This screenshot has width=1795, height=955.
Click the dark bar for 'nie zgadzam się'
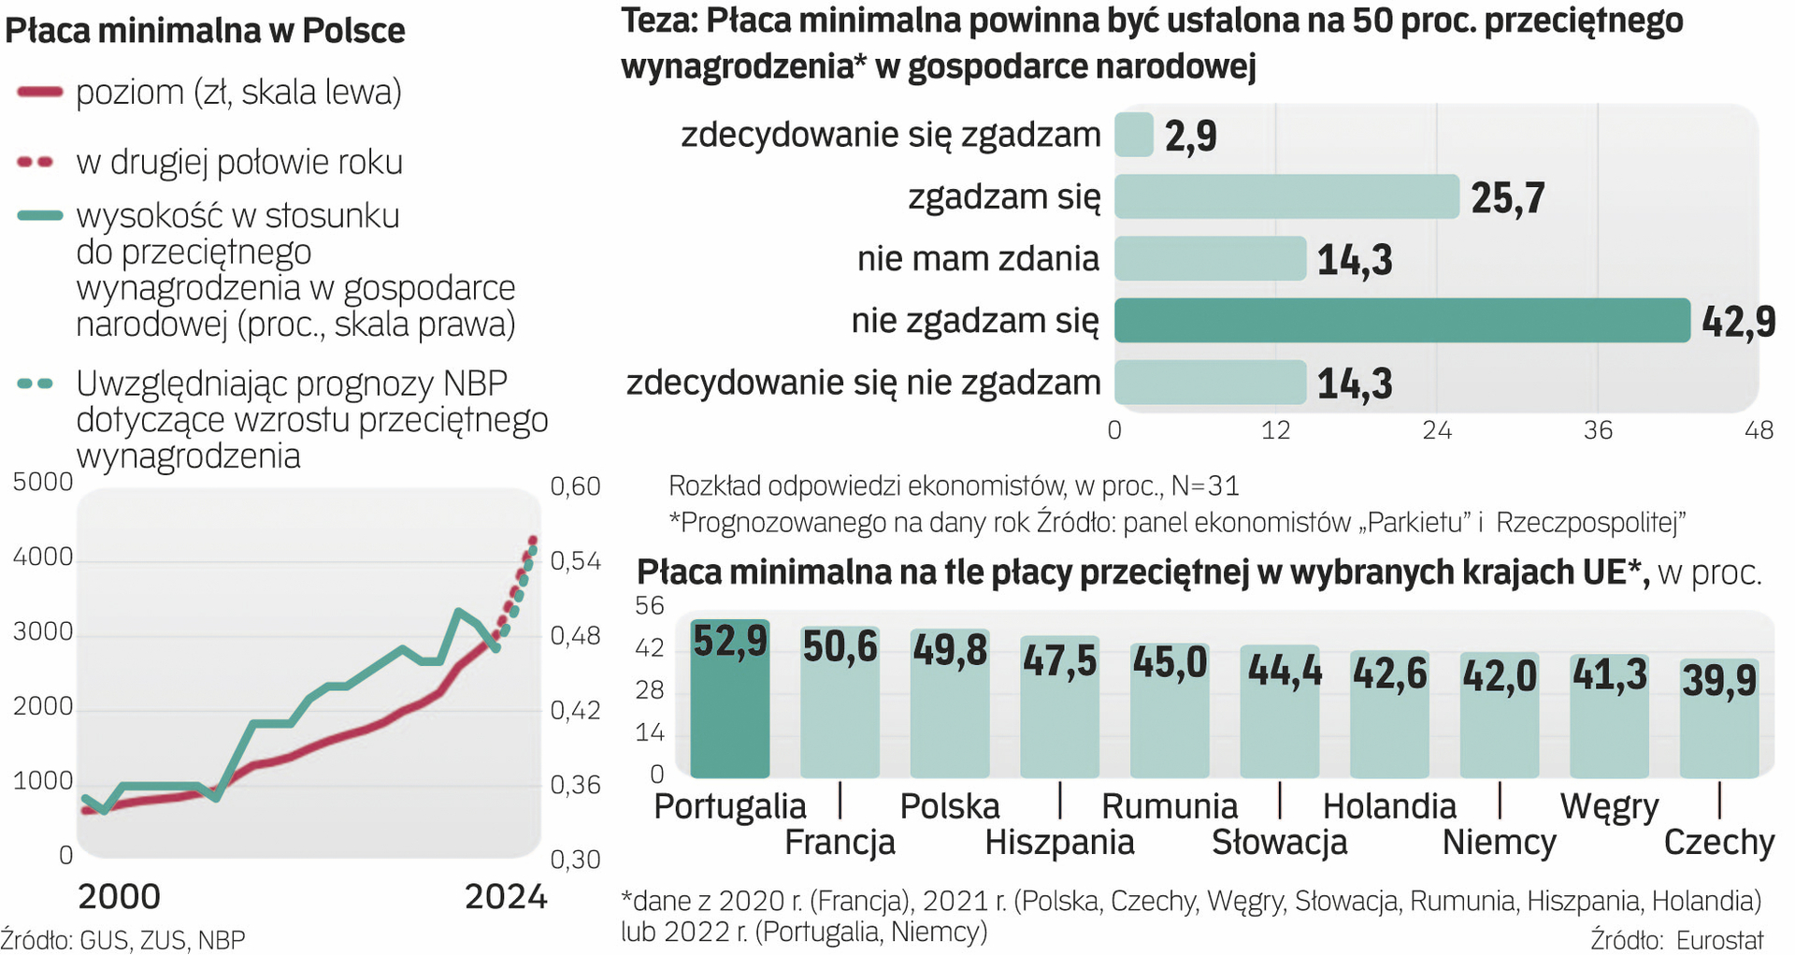1401,321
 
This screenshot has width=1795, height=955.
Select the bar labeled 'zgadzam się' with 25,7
1286,196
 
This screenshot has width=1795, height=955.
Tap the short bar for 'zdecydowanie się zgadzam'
1134,135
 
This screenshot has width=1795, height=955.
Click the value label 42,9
1738,322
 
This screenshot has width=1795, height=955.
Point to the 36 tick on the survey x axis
1598,430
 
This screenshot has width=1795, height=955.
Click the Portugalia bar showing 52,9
729,702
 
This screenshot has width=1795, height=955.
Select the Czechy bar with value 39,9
1718,720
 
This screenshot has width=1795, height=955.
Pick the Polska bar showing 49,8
950,706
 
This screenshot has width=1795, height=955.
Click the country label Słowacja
1279,843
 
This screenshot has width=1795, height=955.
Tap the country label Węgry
1609,806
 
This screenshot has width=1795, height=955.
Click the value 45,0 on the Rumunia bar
1170,662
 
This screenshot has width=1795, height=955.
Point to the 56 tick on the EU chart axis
650,606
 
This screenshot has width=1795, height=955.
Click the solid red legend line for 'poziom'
39,92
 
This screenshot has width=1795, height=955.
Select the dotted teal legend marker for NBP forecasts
36,383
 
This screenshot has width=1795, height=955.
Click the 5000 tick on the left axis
43,483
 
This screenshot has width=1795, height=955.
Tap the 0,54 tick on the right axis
575,561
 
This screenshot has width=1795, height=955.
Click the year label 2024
505,897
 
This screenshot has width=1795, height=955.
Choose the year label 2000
119,897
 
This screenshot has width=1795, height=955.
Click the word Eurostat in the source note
1719,940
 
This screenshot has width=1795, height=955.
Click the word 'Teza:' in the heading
659,21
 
